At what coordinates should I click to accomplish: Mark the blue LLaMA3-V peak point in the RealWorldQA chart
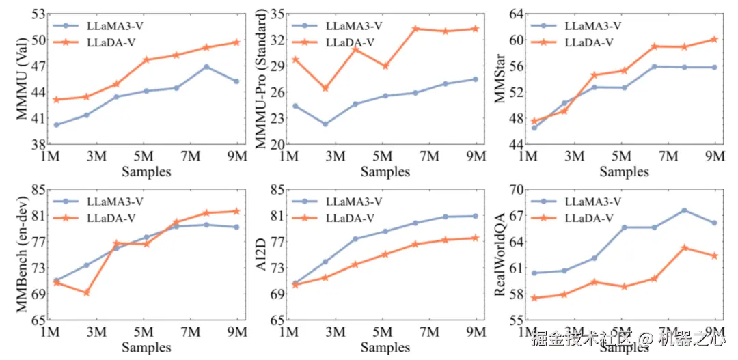tap(684, 210)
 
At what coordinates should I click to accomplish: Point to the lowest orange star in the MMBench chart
tap(86, 292)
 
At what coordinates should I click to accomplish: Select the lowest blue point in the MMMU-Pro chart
tap(325, 124)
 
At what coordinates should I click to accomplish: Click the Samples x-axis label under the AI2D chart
tap(385, 347)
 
